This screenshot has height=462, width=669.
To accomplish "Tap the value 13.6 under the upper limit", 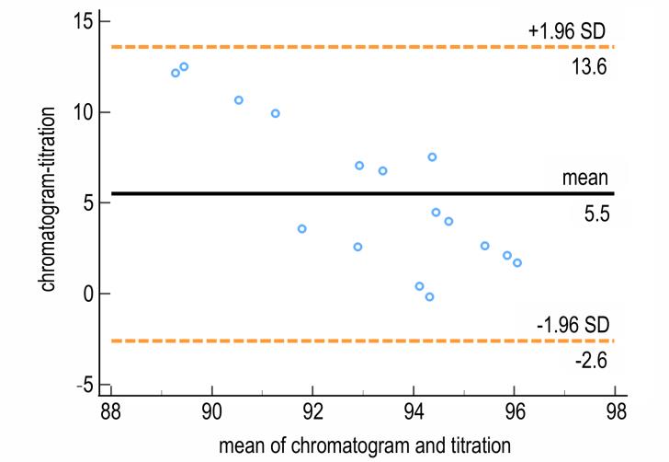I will coord(585,67).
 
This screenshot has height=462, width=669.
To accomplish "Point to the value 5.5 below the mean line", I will coord(590,214).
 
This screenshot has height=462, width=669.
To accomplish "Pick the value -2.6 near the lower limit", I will coord(587,362).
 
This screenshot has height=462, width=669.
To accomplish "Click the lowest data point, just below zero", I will coord(429,296).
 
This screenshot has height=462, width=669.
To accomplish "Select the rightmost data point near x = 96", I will coord(517,262).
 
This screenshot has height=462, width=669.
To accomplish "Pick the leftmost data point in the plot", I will coord(176,73).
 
